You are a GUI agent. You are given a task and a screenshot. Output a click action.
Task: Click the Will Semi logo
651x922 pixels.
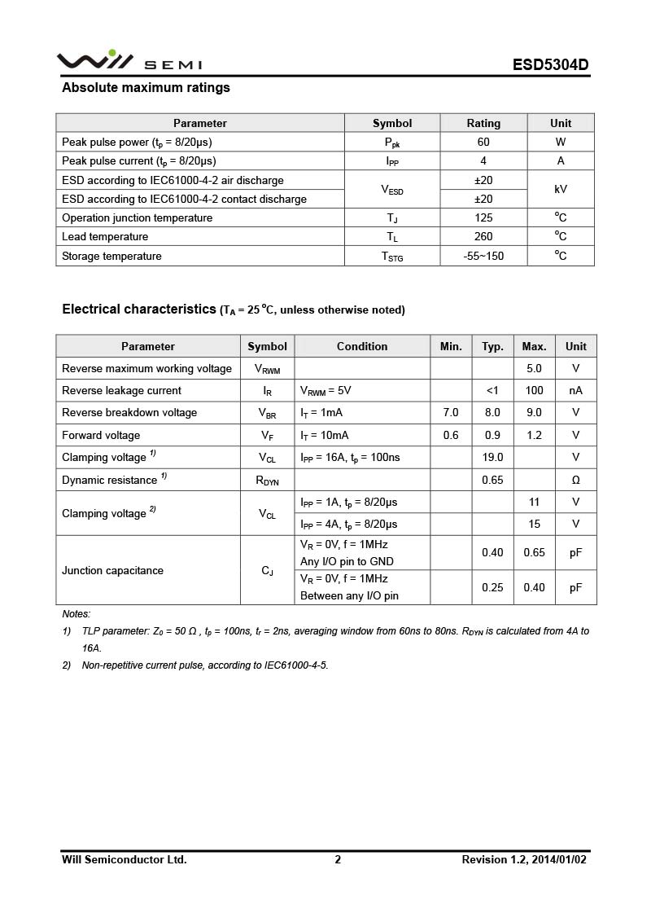[129, 62]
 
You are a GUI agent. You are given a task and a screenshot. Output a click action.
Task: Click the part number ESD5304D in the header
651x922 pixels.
[550, 65]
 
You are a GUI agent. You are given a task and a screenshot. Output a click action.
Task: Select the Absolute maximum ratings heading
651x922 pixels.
[146, 88]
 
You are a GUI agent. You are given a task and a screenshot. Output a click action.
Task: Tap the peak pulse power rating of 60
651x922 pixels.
[483, 142]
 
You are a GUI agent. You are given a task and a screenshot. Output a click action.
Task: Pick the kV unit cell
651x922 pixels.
[561, 189]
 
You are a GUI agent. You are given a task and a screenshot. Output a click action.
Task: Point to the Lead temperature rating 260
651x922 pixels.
[483, 237]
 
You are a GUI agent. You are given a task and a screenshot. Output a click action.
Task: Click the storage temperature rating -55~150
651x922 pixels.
[483, 256]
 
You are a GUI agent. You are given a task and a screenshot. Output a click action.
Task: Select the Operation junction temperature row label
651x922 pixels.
[137, 218]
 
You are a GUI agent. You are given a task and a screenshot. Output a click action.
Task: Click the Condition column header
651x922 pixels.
[362, 346]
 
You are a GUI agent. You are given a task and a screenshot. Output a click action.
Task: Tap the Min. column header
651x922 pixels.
[451, 346]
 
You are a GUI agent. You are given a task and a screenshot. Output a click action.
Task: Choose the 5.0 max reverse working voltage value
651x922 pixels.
[534, 369]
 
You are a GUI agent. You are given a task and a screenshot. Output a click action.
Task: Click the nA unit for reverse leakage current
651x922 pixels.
[575, 391]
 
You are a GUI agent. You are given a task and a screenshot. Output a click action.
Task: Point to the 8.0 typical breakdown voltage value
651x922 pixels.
[492, 413]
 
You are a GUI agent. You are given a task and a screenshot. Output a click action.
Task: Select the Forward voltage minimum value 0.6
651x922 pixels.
[451, 436]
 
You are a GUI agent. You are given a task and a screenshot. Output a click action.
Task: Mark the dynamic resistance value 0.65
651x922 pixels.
[492, 481]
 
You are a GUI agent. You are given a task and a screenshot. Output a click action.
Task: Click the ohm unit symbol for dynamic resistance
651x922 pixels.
[575, 481]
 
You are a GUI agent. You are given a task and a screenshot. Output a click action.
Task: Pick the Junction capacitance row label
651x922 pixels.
[112, 571]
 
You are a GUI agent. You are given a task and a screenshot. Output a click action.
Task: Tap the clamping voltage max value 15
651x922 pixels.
[534, 525]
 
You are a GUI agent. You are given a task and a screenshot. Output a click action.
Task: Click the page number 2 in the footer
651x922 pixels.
[338, 859]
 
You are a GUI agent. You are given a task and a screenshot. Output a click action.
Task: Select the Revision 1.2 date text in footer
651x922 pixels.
[524, 859]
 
